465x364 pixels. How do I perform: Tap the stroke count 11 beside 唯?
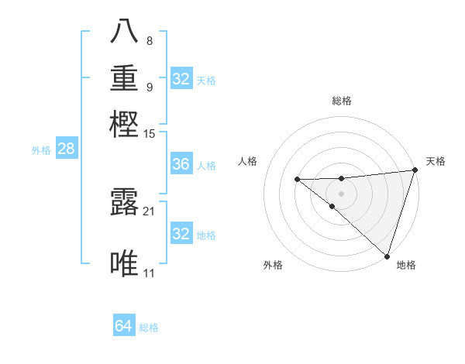pyautogui.click(x=149, y=273)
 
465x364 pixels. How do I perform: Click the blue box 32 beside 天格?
pyautogui.click(x=181, y=78)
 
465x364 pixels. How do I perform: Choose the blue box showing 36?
pyautogui.click(x=181, y=164)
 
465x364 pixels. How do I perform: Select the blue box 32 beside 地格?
pyautogui.click(x=181, y=233)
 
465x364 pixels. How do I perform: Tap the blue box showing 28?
pyautogui.click(x=66, y=149)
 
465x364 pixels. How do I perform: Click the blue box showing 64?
pyautogui.click(x=123, y=326)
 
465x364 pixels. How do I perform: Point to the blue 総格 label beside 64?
pyautogui.click(x=149, y=328)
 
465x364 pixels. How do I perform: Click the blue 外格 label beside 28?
pyautogui.click(x=41, y=150)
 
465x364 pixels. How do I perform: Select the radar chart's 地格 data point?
pyautogui.click(x=387, y=256)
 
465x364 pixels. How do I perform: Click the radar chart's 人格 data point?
pyautogui.click(x=297, y=180)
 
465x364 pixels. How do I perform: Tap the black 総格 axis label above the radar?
pyautogui.click(x=341, y=101)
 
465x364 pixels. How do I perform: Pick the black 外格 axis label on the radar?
pyautogui.click(x=273, y=265)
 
